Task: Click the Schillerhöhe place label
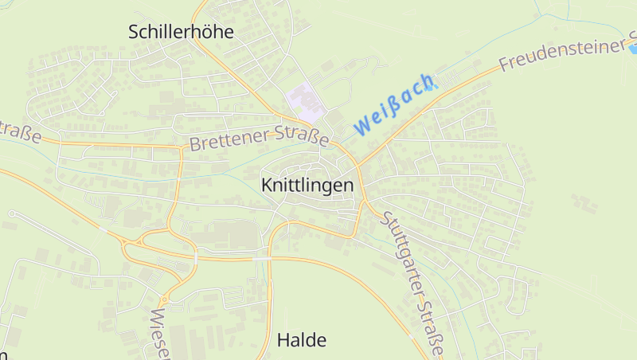181,32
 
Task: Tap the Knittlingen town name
307,185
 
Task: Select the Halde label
302,340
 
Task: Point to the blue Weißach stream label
394,104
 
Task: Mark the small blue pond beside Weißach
430,86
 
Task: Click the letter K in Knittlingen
267,185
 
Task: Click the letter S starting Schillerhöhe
135,32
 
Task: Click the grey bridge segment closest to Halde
261,259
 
